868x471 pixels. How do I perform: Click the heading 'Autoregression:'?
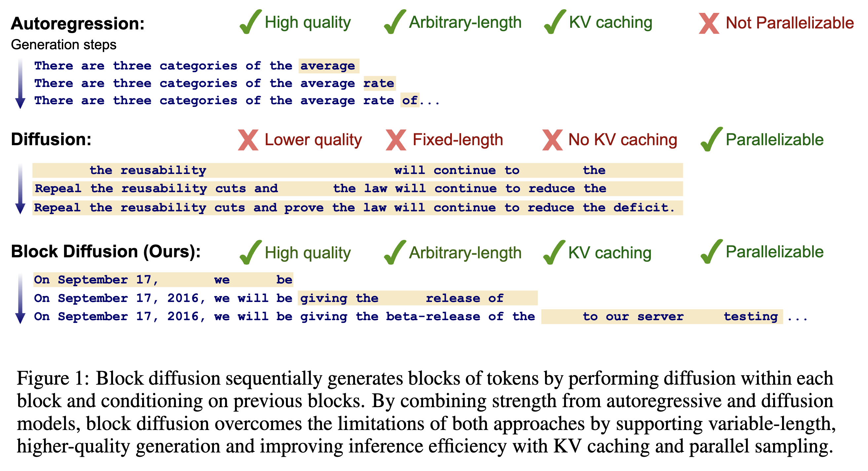click(x=77, y=23)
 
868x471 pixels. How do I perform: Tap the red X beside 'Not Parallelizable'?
click(x=709, y=23)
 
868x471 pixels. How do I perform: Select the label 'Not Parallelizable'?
click(x=789, y=23)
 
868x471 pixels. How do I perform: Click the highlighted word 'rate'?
click(x=379, y=83)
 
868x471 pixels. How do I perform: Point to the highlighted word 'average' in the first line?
click(x=328, y=66)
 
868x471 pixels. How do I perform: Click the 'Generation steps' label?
click(x=64, y=45)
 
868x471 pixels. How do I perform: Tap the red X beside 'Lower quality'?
click(x=248, y=140)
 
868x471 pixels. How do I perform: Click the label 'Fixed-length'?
click(x=457, y=140)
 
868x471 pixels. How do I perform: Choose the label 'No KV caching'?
click(x=622, y=140)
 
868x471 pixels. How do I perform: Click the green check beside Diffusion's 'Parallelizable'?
click(x=711, y=139)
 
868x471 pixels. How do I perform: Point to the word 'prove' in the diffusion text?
click(x=303, y=208)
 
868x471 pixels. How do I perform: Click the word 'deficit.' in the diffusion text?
click(x=644, y=208)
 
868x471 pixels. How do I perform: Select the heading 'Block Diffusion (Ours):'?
click(x=106, y=251)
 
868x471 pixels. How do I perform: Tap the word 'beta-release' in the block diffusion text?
click(x=433, y=317)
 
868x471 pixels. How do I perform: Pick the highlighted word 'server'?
click(x=660, y=317)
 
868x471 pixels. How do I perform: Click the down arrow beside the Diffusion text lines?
click(x=20, y=189)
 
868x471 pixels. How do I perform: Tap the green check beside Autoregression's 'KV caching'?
click(x=555, y=22)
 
